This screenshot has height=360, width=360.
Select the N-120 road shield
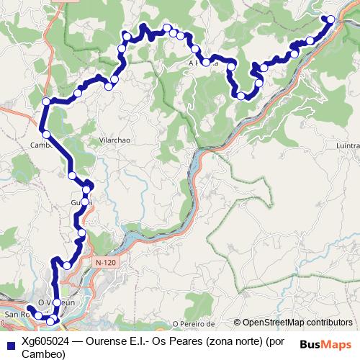[x=105, y=264]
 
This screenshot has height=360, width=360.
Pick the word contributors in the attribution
[x=330, y=323]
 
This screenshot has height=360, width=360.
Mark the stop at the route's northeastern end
[x=330, y=19]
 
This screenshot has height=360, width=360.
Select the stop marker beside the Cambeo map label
[x=46, y=134]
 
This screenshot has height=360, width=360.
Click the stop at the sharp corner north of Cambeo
[x=46, y=102]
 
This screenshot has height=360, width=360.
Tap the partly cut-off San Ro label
[x=14, y=315]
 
